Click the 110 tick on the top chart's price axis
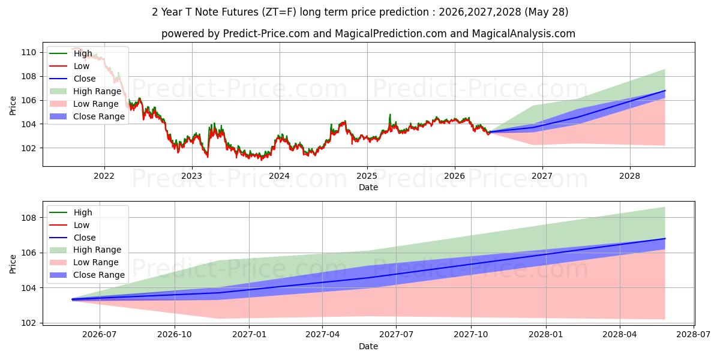coord(29,52)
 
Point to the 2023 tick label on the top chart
coord(192,176)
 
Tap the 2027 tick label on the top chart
coord(542,176)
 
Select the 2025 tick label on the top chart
coord(367,176)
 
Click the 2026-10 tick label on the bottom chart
coord(175,335)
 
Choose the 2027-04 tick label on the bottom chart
coord(322,335)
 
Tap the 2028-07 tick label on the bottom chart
coord(694,335)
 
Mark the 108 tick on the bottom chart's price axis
coord(29,218)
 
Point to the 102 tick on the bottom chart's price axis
coord(29,323)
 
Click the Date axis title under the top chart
coord(368,187)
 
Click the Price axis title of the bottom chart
coord(13,264)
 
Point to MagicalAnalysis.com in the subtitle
coord(524,34)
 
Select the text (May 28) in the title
coord(547,12)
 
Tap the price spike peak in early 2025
coord(390,115)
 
